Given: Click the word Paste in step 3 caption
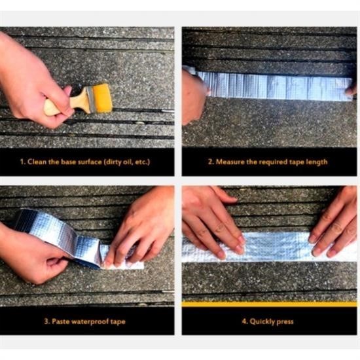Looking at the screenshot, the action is click(x=61, y=321).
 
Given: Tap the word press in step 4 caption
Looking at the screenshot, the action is click(x=285, y=322).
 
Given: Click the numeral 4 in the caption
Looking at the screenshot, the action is click(x=244, y=321).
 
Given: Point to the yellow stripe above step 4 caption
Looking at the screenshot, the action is click(x=269, y=304).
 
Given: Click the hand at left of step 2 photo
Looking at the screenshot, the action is click(x=194, y=96).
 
